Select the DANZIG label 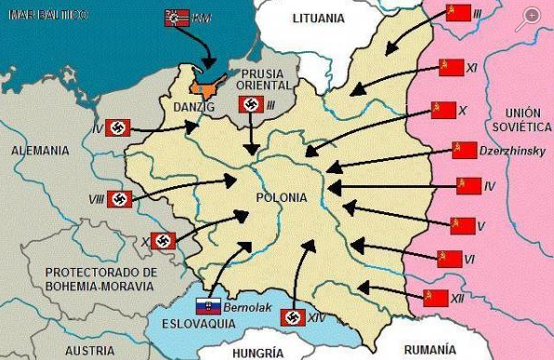pyautogui.click(x=193, y=108)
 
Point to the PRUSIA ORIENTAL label pyautogui.click(x=263, y=81)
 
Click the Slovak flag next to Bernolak pyautogui.click(x=207, y=306)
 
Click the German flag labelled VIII pyautogui.click(x=118, y=198)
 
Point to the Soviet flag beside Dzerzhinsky pyautogui.click(x=464, y=150)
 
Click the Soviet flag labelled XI pyautogui.click(x=450, y=68)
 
